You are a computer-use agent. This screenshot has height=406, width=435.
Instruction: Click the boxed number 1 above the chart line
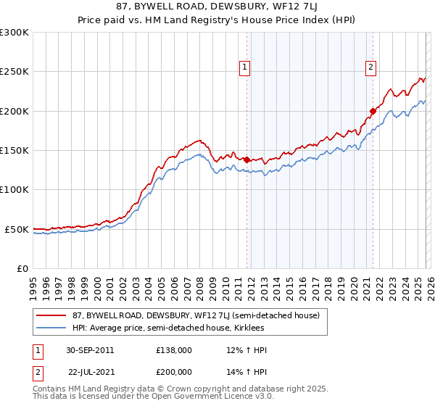(244, 67)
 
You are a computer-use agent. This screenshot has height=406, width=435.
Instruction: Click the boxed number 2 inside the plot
(370, 67)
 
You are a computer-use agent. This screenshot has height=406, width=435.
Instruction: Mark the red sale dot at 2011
(247, 159)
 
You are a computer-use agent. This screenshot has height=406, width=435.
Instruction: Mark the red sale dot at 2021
(373, 111)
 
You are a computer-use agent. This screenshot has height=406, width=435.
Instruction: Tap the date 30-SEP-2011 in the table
(91, 350)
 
